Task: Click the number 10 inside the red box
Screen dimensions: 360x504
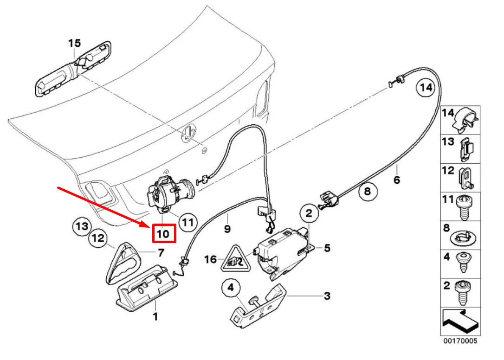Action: pos(164,234)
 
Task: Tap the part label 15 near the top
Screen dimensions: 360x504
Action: pos(74,43)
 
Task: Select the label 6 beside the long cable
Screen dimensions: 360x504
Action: pos(396,180)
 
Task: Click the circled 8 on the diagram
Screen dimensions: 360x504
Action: pos(368,191)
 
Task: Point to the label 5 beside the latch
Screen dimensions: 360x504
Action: pos(327,248)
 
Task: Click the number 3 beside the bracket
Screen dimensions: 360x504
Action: pos(327,296)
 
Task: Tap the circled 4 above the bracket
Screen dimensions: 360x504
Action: pos(231,289)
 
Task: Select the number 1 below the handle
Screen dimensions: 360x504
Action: pos(155,317)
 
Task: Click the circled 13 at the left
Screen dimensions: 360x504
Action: pos(82,226)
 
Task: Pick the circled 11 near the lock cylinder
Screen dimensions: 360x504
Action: pos(187,222)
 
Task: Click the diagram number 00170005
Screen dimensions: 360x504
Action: pos(459,341)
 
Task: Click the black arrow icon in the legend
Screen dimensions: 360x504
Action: pos(459,321)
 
